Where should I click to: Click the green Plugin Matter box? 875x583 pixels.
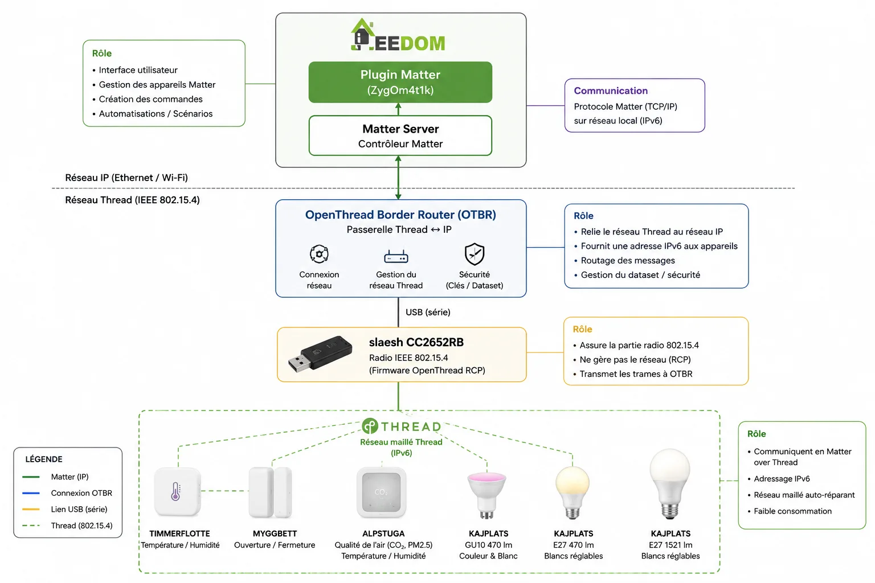coord(400,82)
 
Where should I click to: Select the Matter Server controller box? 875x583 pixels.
coord(400,136)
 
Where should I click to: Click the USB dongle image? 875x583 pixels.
coord(320,354)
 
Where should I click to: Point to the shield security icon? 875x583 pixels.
coord(474,254)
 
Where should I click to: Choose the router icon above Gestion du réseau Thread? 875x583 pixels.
coord(396,257)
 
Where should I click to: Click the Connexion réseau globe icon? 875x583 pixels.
coord(319,254)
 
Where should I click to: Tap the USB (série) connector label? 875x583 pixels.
coord(428,312)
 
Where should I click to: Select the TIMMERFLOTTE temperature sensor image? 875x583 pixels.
coord(177,492)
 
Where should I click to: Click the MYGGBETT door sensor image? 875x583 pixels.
coord(271,492)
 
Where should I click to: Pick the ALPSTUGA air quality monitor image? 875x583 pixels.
coord(381,492)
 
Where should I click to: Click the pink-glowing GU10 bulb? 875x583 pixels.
coord(486,495)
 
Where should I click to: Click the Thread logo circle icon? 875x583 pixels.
coord(370,426)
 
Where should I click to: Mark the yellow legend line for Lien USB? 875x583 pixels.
coord(31,509)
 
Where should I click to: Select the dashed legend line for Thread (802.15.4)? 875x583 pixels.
coord(31,525)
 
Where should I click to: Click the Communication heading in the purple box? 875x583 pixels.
coord(611,91)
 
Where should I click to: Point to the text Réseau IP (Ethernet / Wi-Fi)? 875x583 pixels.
coord(126,178)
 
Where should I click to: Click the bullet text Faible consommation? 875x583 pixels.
coord(792,511)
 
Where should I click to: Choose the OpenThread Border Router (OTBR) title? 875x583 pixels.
coord(400,215)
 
